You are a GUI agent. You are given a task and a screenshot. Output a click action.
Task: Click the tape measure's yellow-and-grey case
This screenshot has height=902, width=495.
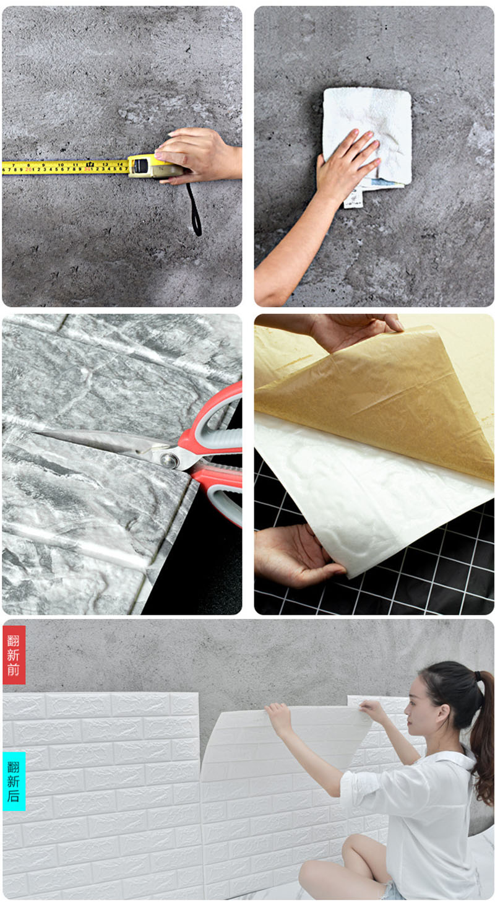coord(155,166)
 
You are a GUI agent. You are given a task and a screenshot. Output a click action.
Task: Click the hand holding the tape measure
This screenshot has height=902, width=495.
coord(198,155)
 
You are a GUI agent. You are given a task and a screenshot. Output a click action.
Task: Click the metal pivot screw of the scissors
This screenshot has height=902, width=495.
coord(169,460)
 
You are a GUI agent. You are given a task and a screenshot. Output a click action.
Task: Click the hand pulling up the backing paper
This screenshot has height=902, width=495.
coord(354,328)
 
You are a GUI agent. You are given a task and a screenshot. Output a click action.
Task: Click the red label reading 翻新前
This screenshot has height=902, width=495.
coord(14,654)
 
